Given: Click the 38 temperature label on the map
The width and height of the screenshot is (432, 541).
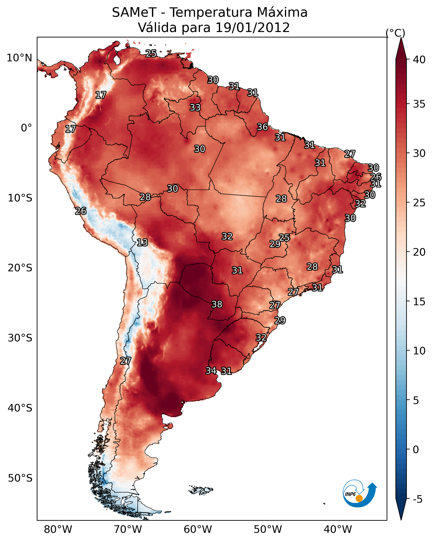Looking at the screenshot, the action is click(x=217, y=304).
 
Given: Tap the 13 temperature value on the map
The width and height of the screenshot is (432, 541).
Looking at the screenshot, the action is click(x=142, y=242).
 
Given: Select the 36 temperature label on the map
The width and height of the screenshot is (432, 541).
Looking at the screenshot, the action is click(x=263, y=127).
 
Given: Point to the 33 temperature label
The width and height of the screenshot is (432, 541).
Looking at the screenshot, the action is click(x=195, y=107).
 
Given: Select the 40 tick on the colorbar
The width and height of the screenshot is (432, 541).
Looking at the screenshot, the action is click(x=419, y=60).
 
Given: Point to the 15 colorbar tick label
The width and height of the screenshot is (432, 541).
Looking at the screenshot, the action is click(x=419, y=302).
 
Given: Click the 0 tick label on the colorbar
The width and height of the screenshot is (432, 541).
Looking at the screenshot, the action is click(x=416, y=450).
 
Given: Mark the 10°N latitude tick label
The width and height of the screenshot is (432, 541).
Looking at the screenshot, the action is click(x=19, y=58).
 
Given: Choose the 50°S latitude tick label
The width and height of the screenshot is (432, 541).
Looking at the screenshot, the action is click(x=20, y=478).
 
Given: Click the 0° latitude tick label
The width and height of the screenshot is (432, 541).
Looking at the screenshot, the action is click(x=27, y=128).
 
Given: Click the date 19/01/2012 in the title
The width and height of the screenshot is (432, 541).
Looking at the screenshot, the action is click(x=252, y=28).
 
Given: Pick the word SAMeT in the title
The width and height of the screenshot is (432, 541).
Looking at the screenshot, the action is click(x=134, y=13).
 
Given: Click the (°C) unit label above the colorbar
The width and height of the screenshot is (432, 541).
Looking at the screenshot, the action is click(x=395, y=33).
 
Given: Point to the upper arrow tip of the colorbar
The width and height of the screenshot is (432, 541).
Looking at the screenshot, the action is click(x=401, y=38).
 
